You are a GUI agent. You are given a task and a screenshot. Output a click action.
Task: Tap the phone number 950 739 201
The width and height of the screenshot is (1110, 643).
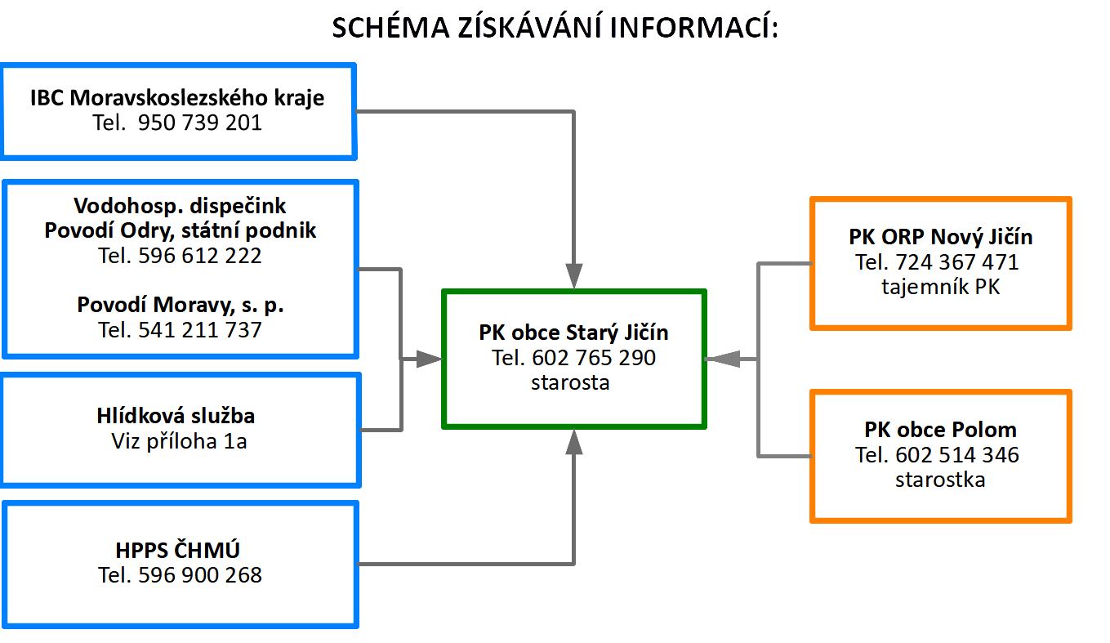[x=199, y=123]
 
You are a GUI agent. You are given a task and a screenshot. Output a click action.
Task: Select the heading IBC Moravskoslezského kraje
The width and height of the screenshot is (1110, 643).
[x=177, y=98]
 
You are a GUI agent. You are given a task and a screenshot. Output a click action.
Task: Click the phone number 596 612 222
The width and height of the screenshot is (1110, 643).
[x=199, y=256]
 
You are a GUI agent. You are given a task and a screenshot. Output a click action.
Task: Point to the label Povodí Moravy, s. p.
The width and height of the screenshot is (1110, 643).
[x=181, y=305]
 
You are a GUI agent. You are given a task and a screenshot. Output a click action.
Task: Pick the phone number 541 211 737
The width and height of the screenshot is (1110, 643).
[x=199, y=330]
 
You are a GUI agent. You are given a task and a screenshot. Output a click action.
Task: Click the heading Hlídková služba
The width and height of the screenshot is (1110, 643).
[x=176, y=416]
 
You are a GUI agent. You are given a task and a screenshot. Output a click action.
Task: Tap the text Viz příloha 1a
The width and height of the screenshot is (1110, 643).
[x=179, y=441]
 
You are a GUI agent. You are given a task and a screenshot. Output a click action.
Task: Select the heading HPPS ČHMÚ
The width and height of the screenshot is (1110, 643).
[x=178, y=550]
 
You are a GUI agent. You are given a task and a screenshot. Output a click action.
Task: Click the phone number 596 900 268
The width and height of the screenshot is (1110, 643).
[x=199, y=575]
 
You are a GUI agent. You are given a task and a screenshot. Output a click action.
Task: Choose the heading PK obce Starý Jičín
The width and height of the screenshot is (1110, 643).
[x=574, y=333]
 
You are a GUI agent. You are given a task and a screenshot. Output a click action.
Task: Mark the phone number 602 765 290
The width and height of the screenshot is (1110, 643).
[x=594, y=358]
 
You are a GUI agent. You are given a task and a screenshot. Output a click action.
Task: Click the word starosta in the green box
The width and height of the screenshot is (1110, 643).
[x=570, y=382]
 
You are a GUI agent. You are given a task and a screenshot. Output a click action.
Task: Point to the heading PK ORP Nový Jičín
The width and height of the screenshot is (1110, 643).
[x=941, y=237]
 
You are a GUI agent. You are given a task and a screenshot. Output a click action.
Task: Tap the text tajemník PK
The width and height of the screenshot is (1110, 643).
[x=941, y=287]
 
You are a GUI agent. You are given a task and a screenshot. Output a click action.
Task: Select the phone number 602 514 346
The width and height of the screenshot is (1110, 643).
[x=957, y=455]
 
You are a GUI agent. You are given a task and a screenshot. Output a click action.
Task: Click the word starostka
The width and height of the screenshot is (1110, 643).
[x=940, y=480]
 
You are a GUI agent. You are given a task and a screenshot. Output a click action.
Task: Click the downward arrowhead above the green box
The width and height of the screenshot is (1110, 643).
[x=574, y=275]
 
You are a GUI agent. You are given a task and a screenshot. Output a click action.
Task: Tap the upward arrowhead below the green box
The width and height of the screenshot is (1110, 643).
[x=574, y=442]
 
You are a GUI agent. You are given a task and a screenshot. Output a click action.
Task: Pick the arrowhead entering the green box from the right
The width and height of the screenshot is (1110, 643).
[x=723, y=359]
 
